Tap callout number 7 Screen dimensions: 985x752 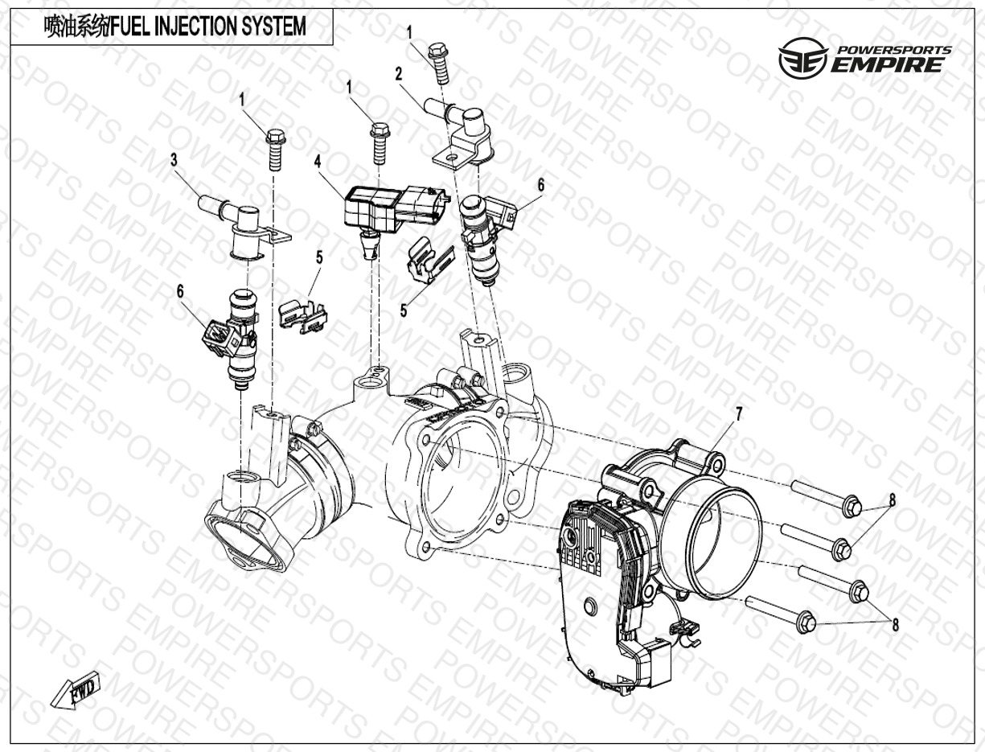(738, 414)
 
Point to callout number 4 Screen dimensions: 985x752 (318, 162)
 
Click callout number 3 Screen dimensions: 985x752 (174, 160)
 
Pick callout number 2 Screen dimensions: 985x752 (399, 75)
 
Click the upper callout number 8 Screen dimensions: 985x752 (892, 499)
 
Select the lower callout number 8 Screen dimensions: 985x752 (895, 625)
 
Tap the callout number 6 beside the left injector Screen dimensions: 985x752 (179, 291)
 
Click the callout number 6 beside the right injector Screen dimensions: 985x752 (540, 185)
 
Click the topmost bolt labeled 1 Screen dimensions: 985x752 (439, 64)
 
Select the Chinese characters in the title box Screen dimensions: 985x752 (76, 27)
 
